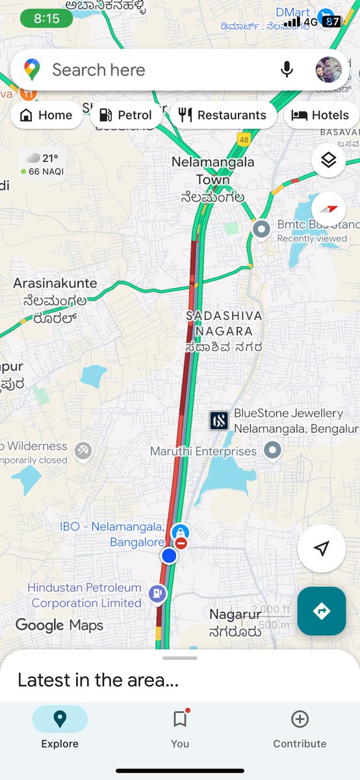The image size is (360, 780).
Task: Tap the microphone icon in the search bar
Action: tap(286, 70)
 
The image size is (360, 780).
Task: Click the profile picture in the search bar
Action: tap(328, 70)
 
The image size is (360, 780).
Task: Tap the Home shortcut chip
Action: tap(46, 115)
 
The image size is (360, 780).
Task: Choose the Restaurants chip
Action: tap(222, 115)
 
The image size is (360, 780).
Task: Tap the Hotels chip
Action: tap(320, 115)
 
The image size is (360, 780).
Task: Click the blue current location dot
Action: tap(169, 556)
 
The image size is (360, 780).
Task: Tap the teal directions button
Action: tap(322, 611)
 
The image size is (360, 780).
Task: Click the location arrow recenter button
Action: tap(321, 549)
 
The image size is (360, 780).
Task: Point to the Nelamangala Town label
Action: tap(212, 170)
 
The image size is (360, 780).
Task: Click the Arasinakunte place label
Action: tap(55, 283)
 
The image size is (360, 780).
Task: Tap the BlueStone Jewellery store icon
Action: tap(219, 421)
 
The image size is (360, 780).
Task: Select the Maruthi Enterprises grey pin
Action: tap(273, 450)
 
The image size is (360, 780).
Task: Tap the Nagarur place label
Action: tap(235, 614)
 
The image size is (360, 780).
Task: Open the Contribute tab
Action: tap(300, 727)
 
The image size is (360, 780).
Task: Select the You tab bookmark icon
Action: tap(180, 720)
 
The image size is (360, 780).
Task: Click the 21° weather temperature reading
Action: tap(50, 158)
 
